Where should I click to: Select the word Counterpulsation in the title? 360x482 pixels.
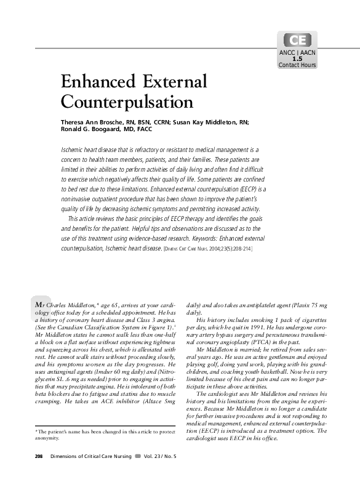click(127, 101)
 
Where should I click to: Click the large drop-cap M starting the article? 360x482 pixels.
click(40, 303)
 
